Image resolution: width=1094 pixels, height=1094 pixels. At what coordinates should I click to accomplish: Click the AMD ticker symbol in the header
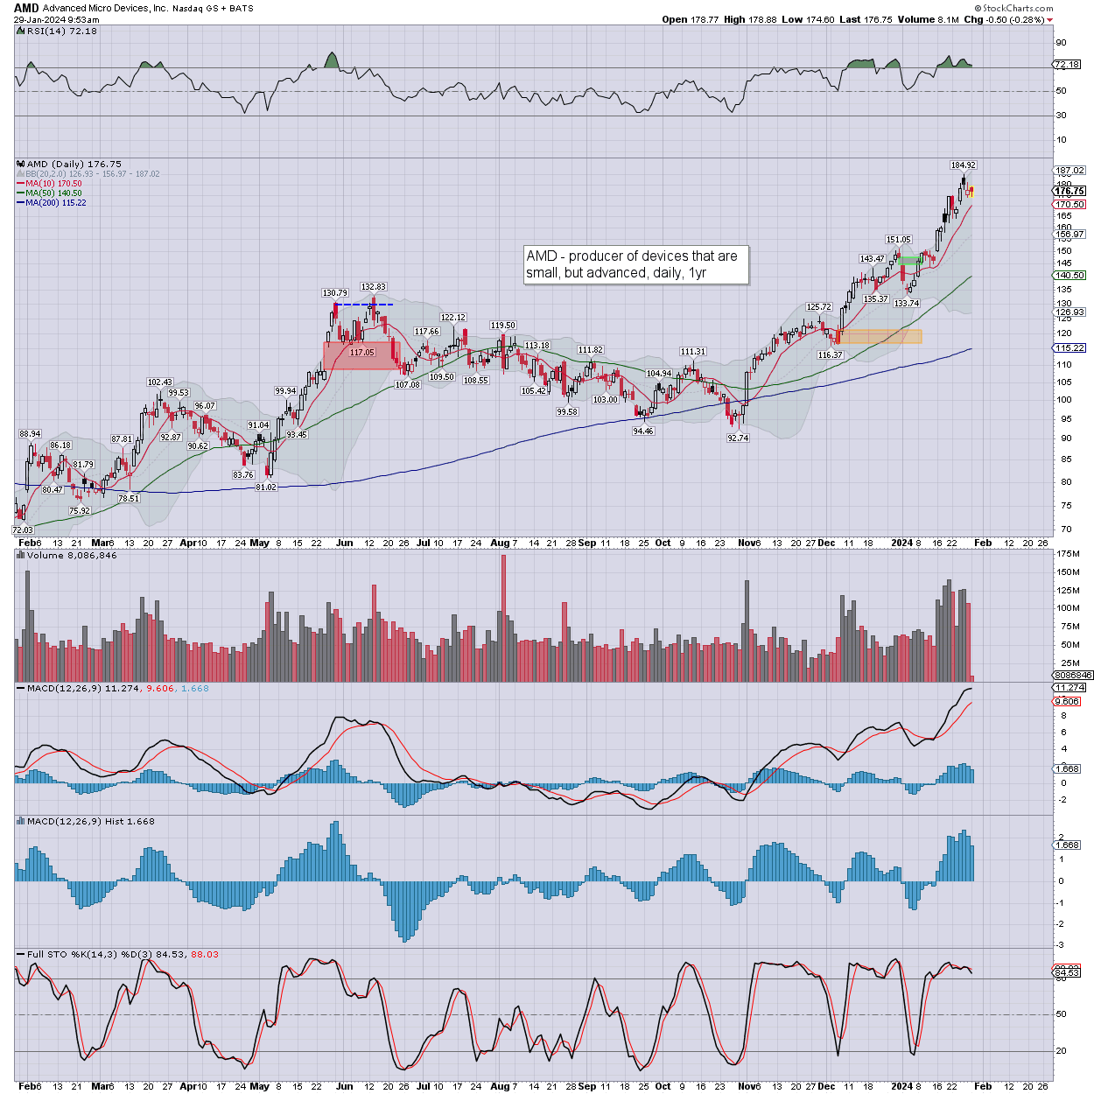(26, 8)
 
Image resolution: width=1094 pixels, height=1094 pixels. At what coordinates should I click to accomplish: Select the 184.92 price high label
(963, 165)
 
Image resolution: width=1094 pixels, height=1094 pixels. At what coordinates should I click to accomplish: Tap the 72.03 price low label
(22, 529)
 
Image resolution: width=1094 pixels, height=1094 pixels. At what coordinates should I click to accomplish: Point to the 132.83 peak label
(373, 286)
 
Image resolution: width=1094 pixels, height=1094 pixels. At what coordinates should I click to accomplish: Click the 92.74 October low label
(738, 438)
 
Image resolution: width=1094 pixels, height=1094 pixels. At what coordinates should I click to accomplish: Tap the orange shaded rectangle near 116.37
(880, 336)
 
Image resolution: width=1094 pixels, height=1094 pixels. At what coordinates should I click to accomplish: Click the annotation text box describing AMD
(635, 264)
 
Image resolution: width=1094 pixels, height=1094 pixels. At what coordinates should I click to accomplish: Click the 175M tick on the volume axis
(1069, 554)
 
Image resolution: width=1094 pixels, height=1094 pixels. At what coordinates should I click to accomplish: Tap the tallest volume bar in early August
(503, 617)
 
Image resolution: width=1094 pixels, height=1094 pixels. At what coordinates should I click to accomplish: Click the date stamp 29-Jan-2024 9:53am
(56, 19)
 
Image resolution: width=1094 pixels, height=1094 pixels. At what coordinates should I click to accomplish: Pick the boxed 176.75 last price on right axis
(1069, 191)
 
